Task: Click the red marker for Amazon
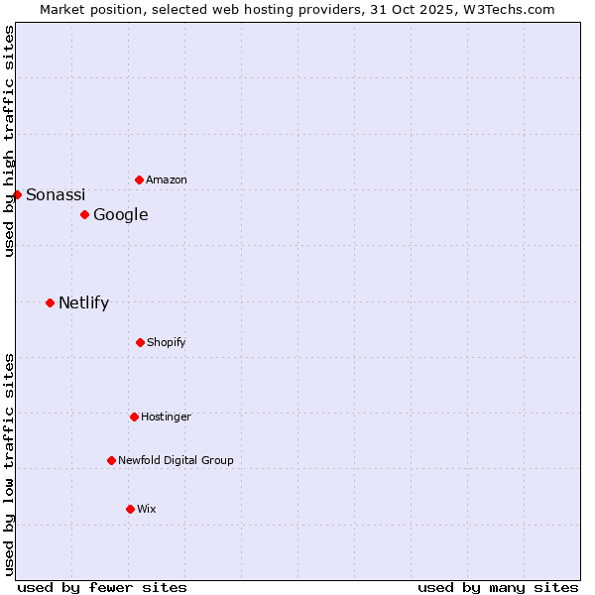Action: click(139, 179)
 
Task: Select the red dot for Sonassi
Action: click(17, 194)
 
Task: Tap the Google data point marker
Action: click(84, 214)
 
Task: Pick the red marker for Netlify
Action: click(50, 302)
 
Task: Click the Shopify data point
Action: click(140, 342)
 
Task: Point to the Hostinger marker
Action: click(134, 416)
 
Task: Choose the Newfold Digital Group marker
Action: click(111, 460)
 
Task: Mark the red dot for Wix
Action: click(130, 509)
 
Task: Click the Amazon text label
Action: click(167, 179)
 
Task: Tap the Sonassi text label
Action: click(56, 194)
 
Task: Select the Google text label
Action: click(121, 214)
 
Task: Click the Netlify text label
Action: click(84, 302)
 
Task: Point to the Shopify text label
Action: click(167, 342)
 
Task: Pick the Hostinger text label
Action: click(166, 416)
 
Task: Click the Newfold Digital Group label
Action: click(177, 460)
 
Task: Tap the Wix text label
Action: click(147, 509)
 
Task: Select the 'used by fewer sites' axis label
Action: click(102, 587)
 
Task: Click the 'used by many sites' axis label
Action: click(498, 587)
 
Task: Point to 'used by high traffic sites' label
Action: click(9, 141)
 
